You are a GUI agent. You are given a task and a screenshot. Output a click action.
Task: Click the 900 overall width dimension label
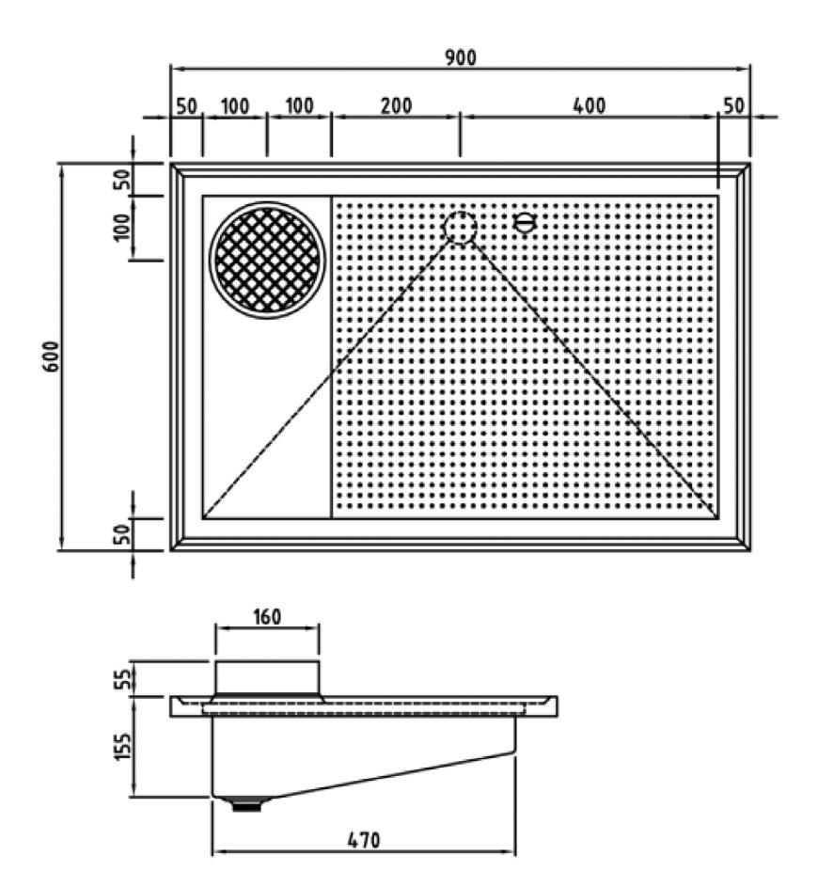461,57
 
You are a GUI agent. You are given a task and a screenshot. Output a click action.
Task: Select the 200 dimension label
396,105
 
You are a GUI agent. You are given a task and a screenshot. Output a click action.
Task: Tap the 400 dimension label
589,105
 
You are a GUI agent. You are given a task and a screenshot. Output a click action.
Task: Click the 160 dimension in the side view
267,618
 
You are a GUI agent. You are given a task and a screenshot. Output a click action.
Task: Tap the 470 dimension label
363,840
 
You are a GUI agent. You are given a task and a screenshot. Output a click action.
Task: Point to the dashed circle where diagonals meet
460,227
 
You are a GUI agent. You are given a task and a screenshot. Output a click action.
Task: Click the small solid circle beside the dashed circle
525,223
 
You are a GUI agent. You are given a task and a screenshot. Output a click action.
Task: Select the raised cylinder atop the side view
268,677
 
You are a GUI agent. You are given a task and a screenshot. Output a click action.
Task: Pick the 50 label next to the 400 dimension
733,105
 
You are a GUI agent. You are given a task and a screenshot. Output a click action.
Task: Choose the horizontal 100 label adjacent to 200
299,105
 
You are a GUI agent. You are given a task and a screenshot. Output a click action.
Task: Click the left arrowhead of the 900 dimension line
175,69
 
